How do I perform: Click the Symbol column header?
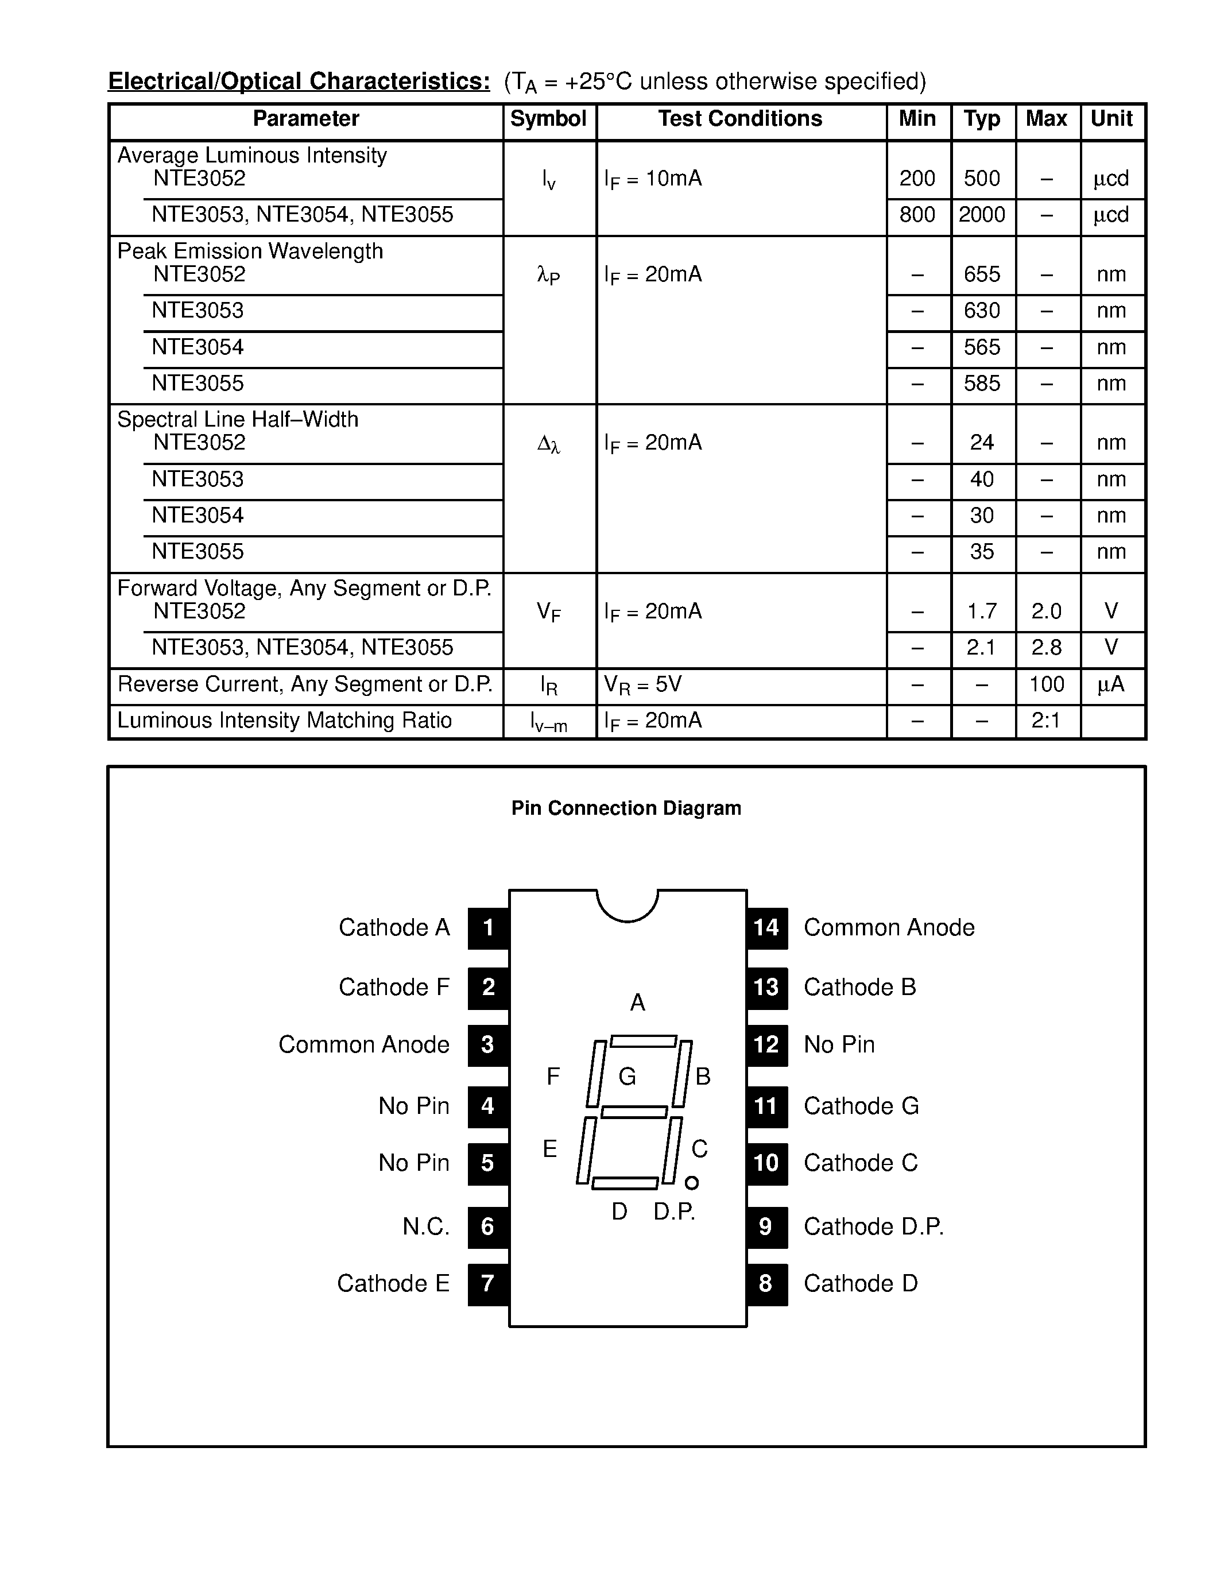pos(548,119)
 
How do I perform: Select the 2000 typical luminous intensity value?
pos(982,215)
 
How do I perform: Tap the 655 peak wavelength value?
pos(982,274)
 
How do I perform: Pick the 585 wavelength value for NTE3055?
pos(982,383)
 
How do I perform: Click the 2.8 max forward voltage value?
pos(1046,647)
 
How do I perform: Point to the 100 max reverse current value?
pos(1046,684)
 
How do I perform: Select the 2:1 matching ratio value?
pos(1046,720)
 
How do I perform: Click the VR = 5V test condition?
pos(642,684)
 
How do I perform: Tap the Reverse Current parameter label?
pos(304,684)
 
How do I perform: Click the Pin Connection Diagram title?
pos(626,807)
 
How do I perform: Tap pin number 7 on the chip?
pos(488,1283)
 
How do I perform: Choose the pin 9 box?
pos(766,1226)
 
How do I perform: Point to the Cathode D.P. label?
pos(873,1226)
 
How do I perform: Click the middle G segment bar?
pos(634,1112)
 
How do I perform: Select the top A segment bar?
pos(643,1041)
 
